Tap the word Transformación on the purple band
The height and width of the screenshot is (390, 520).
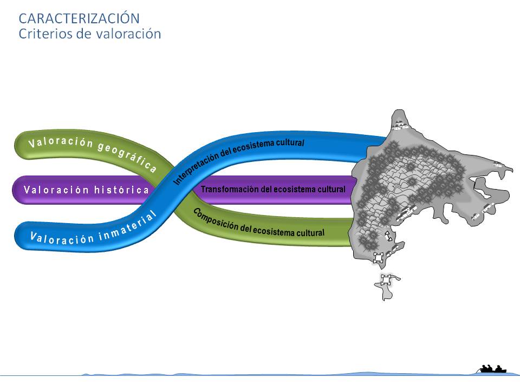(x=225, y=190)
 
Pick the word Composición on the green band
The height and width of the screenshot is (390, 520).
(x=214, y=218)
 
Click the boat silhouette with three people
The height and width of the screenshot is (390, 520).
(x=492, y=369)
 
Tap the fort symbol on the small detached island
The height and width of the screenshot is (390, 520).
(x=386, y=281)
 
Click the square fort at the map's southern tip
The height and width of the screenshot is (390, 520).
(x=379, y=257)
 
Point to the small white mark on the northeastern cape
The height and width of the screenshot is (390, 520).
(x=498, y=165)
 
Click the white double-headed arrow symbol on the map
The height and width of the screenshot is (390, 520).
(x=388, y=236)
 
